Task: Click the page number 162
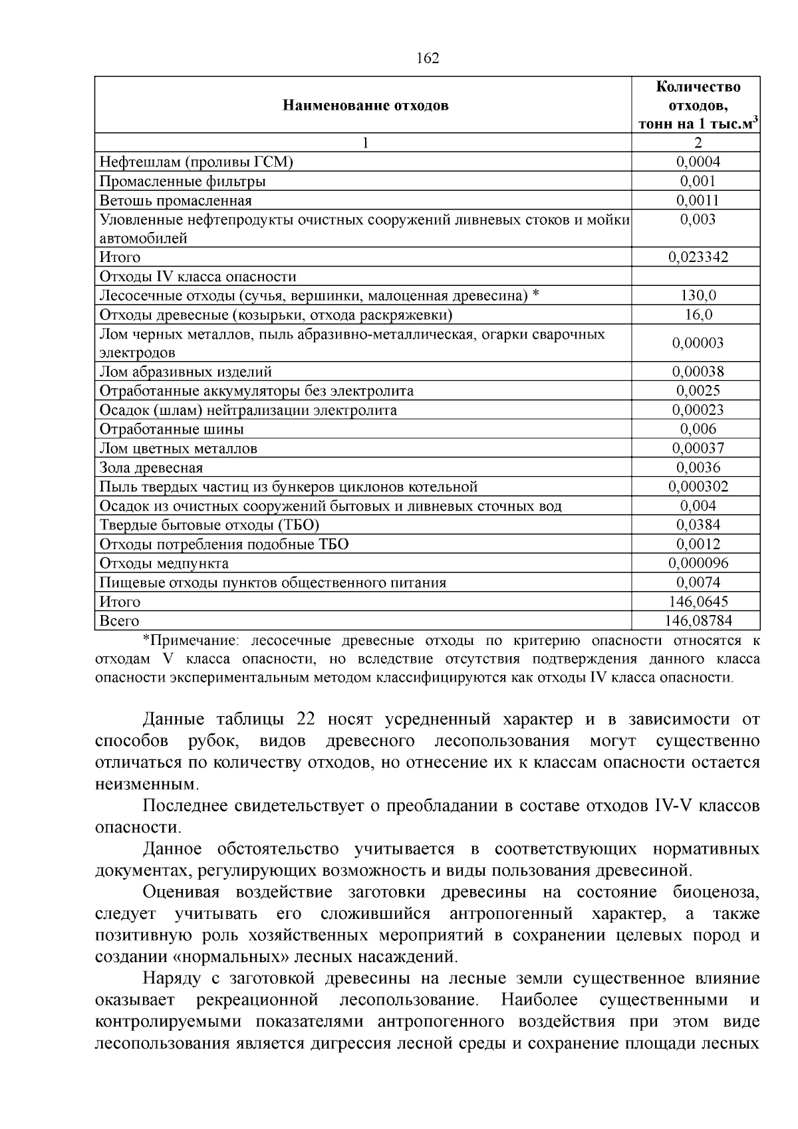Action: point(428,59)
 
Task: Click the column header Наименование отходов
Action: point(366,105)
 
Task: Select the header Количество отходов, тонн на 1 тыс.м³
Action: point(698,105)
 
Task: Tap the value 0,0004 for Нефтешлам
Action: point(698,162)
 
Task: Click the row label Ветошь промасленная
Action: point(176,200)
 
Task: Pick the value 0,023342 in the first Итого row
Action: point(698,257)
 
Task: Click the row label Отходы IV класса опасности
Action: point(198,277)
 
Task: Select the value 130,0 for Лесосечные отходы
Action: point(698,296)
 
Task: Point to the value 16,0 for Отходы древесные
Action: point(698,314)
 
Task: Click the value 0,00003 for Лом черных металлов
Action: point(698,343)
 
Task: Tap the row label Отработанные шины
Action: point(172,430)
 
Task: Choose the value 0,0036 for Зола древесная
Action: point(698,467)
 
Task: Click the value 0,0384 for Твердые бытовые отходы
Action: point(698,525)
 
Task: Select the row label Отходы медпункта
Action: point(164,564)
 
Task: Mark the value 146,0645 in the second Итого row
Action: point(698,602)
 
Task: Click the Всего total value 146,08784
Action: point(698,621)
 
